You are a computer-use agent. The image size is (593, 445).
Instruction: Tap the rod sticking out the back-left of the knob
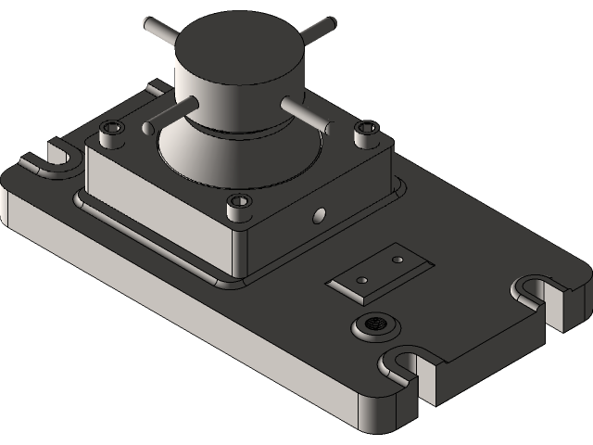point(160,28)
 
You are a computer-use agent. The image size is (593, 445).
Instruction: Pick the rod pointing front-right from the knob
point(304,112)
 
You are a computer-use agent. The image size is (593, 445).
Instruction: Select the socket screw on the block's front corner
point(240,201)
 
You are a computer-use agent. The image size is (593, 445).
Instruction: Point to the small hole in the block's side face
point(320,214)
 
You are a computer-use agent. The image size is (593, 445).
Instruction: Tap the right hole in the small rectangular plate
point(397,261)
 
